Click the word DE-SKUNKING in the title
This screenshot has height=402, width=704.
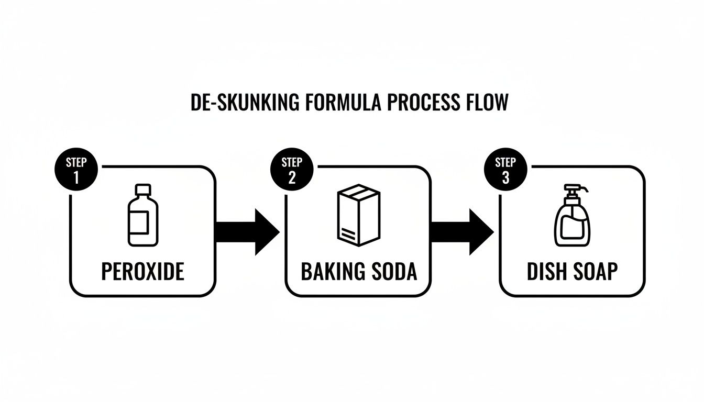coord(244,103)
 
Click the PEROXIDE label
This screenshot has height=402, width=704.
coord(142,272)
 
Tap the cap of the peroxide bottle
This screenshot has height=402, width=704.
coord(142,189)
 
